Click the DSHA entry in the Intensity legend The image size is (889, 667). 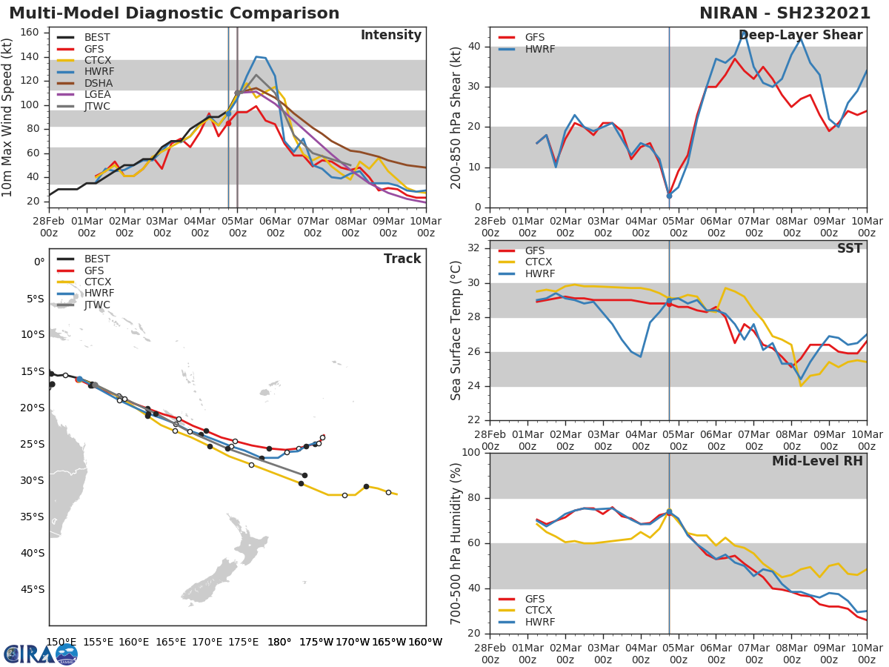pos(98,83)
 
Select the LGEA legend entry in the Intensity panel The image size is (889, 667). pos(97,94)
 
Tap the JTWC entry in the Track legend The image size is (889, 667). pos(97,305)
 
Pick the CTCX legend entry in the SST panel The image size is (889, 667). pos(539,262)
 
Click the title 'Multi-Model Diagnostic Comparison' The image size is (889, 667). pos(174,13)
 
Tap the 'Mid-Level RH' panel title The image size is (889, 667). pos(817,461)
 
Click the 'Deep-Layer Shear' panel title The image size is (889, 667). pos(800,36)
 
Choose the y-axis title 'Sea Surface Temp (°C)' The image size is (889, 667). pos(456,330)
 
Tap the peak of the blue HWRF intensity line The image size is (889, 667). pos(256,56)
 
